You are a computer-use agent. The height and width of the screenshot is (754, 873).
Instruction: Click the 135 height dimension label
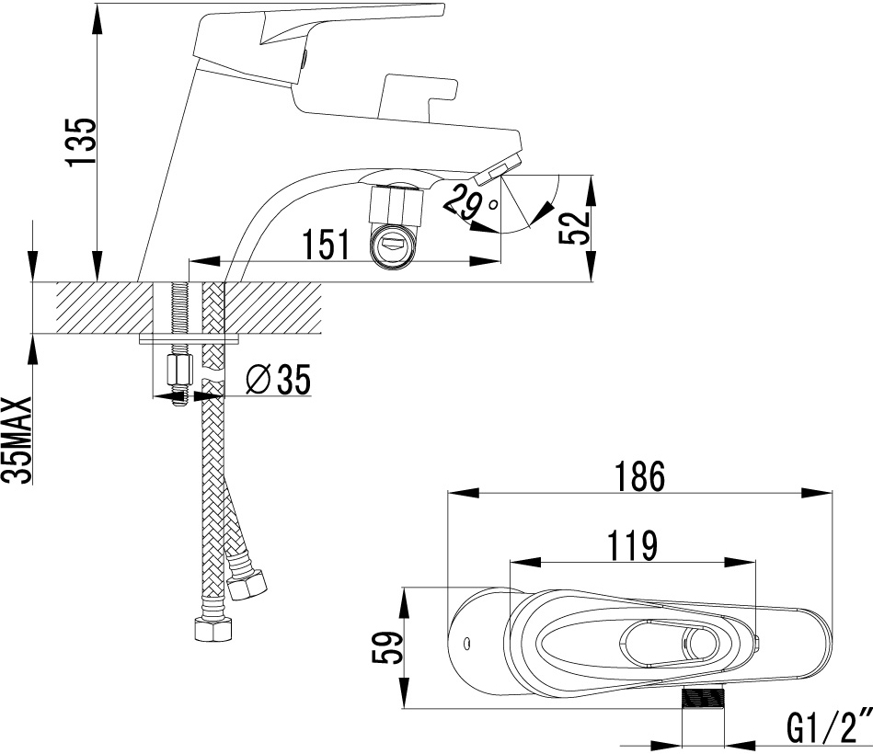(81, 142)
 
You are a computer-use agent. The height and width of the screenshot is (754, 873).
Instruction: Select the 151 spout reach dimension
(326, 244)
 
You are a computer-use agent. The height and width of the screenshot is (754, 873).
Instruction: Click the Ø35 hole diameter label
(278, 380)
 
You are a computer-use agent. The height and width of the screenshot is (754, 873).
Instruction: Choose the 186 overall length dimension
(639, 477)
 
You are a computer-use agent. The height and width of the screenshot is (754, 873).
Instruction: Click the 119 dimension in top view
(632, 546)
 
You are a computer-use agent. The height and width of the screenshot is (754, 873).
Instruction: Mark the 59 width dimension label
(385, 647)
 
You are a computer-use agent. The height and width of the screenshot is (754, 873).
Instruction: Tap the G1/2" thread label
(829, 728)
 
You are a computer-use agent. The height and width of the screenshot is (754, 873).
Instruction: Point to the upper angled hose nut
(247, 586)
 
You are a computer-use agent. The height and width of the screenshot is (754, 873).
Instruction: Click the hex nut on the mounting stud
(178, 370)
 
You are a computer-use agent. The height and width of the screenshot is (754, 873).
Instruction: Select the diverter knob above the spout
(418, 95)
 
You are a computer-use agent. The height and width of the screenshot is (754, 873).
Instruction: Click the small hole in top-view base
(467, 645)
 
